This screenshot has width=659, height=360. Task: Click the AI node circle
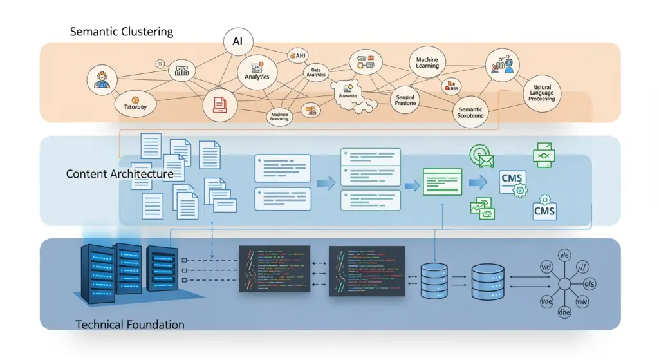(x=237, y=41)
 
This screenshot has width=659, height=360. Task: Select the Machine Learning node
(x=427, y=62)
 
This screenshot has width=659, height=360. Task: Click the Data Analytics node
(x=315, y=72)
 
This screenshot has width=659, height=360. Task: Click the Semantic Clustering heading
(x=122, y=32)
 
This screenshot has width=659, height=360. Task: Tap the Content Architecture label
(x=119, y=174)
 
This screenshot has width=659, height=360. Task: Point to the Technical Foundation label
(x=130, y=325)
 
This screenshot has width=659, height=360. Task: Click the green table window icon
(x=442, y=181)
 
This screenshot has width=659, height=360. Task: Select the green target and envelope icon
(x=481, y=155)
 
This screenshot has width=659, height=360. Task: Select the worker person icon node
(x=104, y=79)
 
